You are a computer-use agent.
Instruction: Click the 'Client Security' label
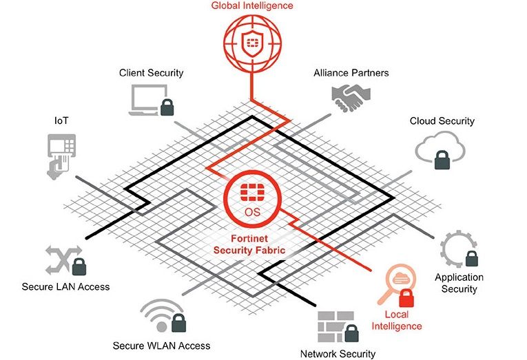[x=151, y=72]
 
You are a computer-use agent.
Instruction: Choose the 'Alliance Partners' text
[x=351, y=72]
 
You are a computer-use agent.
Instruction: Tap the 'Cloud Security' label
[x=442, y=121]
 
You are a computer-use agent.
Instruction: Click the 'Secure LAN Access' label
[x=65, y=286]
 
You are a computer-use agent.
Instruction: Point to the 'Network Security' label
[x=338, y=354]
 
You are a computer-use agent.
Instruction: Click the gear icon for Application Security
[x=455, y=247]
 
